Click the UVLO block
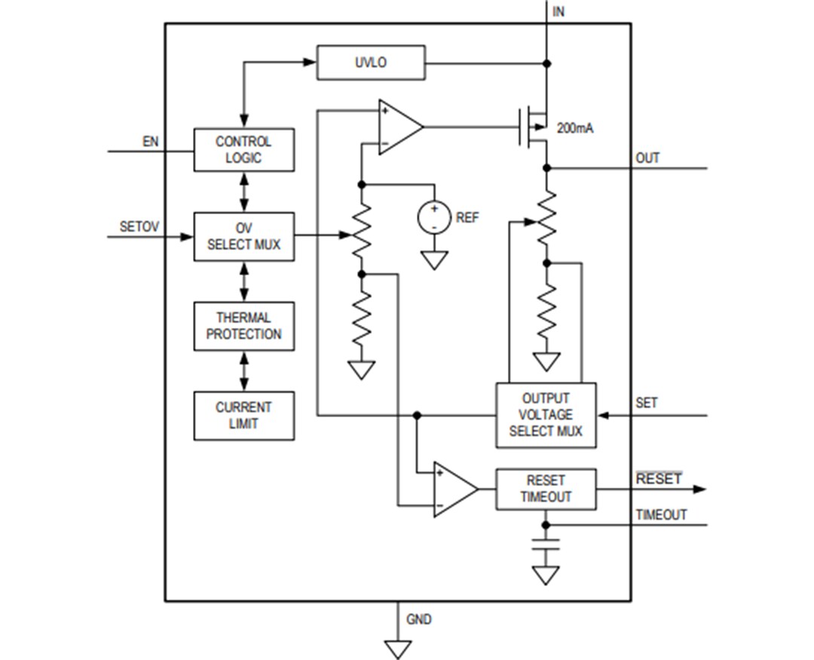pyautogui.click(x=370, y=63)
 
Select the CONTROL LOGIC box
pyautogui.click(x=243, y=150)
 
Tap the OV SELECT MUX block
pyautogui.click(x=243, y=237)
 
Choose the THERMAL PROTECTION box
pyautogui.click(x=243, y=326)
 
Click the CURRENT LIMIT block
pyautogui.click(x=243, y=415)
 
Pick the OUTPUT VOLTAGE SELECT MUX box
pyautogui.click(x=545, y=415)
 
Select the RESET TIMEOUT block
pyautogui.click(x=545, y=489)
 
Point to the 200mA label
pyautogui.click(x=574, y=128)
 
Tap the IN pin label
pyautogui.click(x=558, y=11)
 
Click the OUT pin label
pyautogui.click(x=647, y=158)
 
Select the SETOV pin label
pyautogui.click(x=138, y=226)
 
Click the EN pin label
pyautogui.click(x=150, y=141)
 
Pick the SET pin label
pyautogui.click(x=646, y=404)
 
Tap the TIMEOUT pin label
pyautogui.click(x=661, y=514)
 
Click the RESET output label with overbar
pyautogui.click(x=658, y=479)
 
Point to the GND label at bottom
pyautogui.click(x=419, y=619)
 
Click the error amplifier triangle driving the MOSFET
pyautogui.click(x=399, y=127)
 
